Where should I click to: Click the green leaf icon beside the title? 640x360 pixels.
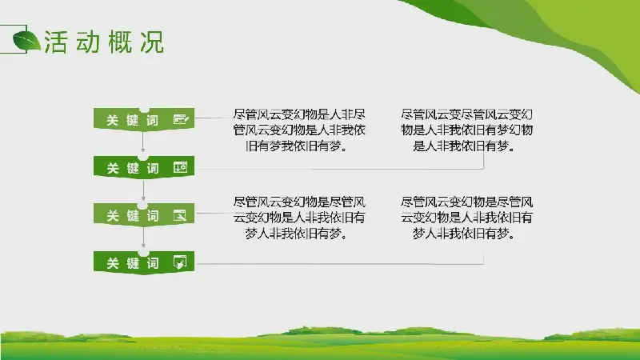pos(26,42)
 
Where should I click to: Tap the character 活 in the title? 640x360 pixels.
pos(55,42)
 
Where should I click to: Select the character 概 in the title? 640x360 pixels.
pos(120,42)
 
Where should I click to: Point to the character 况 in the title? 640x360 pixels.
pos(152,42)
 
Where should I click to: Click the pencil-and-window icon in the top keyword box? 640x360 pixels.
pos(181,119)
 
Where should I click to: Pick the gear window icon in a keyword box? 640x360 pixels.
pos(181,167)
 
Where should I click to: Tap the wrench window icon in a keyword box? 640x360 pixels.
pos(180,214)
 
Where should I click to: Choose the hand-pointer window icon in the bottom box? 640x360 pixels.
pos(180,262)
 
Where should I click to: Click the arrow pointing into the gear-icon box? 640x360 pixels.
pos(143,142)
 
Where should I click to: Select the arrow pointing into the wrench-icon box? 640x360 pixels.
pos(143,190)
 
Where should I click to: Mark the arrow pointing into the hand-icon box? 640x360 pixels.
pos(143,238)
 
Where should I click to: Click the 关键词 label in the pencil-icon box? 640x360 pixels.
pos(132,120)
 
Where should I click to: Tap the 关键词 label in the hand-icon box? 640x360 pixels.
pos(132,263)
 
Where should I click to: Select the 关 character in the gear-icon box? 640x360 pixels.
pos(112,168)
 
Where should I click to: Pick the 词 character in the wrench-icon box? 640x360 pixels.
pos(153,215)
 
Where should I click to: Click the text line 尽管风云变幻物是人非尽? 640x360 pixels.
pos(299,114)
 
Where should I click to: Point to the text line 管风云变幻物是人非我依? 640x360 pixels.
pos(299,130)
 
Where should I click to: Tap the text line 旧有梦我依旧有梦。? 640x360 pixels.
pos(297,146)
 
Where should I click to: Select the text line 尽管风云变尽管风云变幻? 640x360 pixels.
pos(466,114)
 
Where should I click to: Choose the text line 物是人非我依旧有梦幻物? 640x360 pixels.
pos(466,130)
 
